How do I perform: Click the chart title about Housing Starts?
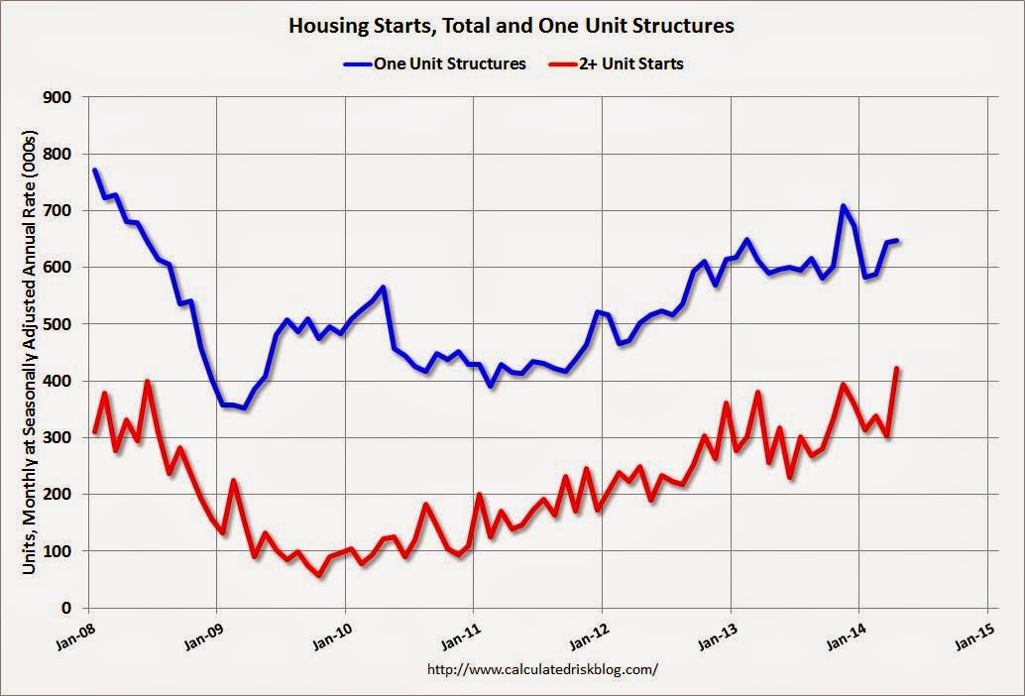click(x=512, y=25)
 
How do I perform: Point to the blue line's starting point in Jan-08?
click(x=94, y=171)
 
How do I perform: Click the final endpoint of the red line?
click(x=896, y=369)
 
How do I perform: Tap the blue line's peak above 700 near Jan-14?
click(x=843, y=206)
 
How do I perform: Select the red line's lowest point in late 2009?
click(x=319, y=574)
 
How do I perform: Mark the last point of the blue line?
click(x=896, y=240)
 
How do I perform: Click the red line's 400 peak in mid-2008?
click(x=148, y=382)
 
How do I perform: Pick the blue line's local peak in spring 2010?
click(x=383, y=288)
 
